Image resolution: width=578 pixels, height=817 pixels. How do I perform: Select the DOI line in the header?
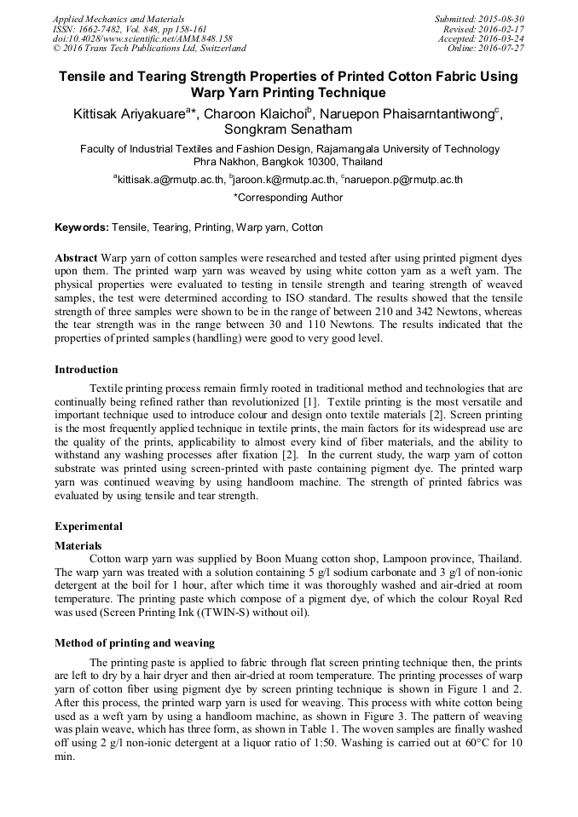click(x=142, y=38)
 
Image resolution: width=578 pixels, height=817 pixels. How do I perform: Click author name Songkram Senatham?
click(x=288, y=130)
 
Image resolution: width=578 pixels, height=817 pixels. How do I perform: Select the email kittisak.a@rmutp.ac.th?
click(x=171, y=180)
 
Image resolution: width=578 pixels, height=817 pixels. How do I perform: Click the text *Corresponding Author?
click(x=288, y=198)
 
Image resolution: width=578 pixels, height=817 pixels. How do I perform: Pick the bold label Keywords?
click(x=82, y=228)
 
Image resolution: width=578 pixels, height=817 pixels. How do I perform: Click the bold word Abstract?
click(x=76, y=257)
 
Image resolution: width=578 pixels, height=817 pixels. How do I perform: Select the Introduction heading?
click(x=86, y=370)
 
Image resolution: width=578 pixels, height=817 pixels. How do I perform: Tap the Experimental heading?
click(x=89, y=526)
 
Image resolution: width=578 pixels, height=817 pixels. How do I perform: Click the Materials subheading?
click(x=78, y=545)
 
